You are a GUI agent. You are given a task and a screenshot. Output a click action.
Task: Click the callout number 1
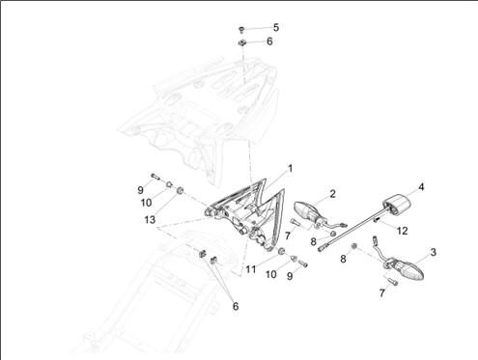point(290,169)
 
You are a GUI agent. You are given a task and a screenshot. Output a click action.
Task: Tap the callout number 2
point(332,194)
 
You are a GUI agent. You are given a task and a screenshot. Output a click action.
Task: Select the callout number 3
point(433,252)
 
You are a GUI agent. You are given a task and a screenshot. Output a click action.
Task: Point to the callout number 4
point(421,187)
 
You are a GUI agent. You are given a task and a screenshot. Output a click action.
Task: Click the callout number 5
point(276,27)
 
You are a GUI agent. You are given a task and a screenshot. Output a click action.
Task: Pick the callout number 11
point(251,269)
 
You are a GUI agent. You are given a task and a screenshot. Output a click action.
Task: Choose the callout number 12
point(403,231)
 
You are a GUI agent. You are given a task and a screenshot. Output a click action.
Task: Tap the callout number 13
point(150,220)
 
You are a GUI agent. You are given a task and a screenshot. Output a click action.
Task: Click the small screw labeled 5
point(241,30)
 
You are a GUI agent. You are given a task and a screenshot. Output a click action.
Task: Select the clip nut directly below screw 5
point(241,42)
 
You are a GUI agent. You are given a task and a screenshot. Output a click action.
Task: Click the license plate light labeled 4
point(397,205)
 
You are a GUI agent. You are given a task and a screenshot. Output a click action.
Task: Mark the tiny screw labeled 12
point(376,220)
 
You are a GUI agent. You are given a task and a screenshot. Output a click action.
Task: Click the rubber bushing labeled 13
point(180,190)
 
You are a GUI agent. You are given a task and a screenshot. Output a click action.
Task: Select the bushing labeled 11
point(282,251)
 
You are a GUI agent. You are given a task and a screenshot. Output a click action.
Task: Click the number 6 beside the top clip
point(269,42)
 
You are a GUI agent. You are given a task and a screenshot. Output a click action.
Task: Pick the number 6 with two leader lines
point(236,306)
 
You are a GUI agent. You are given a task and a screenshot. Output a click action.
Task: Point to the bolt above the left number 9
point(155,177)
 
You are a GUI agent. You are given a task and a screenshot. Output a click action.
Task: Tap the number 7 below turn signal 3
point(382,293)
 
